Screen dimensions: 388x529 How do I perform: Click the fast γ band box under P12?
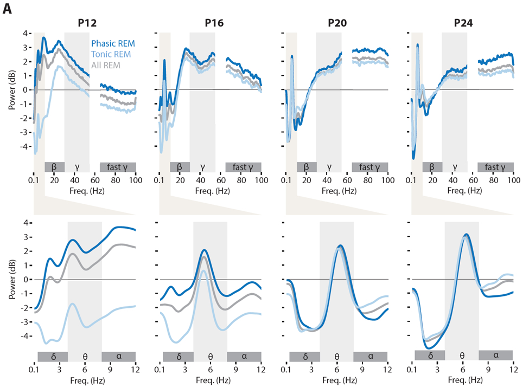pos(118,166)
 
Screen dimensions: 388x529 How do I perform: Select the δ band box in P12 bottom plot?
pos(52,355)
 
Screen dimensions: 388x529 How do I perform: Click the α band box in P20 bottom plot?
pos(371,355)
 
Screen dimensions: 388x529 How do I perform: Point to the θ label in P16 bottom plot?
pos(211,356)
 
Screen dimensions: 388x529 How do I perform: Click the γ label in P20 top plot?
pos(329,167)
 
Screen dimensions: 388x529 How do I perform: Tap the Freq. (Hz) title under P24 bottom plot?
pos(463,380)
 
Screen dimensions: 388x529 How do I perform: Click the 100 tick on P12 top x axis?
pos(135,180)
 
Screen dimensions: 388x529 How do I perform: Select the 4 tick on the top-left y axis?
pos(25,33)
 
